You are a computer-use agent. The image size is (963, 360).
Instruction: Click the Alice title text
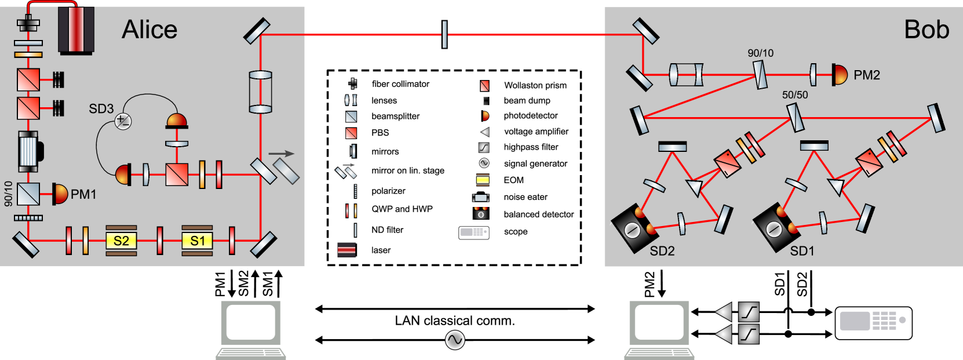[x=149, y=30]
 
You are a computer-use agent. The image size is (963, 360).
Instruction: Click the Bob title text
[x=926, y=30]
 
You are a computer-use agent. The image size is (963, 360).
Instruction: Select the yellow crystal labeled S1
[x=197, y=241]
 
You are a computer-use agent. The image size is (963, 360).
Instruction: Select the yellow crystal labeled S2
[x=121, y=241]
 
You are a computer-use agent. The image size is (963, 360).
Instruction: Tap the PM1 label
[x=83, y=194]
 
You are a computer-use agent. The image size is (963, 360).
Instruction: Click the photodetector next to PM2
[x=839, y=75]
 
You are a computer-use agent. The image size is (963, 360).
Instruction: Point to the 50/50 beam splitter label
[x=794, y=94]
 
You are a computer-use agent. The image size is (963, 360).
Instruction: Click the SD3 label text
[x=101, y=108]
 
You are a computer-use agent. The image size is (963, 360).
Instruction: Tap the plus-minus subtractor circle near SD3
[x=123, y=121]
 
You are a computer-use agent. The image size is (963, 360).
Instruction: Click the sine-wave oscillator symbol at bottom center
[x=455, y=340]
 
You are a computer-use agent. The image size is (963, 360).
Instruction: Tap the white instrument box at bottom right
[x=873, y=323]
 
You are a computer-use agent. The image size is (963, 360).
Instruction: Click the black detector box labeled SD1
[x=775, y=227]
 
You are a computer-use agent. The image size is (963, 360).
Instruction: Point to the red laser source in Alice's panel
[x=76, y=30]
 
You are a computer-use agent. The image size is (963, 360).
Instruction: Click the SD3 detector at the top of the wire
[x=177, y=121]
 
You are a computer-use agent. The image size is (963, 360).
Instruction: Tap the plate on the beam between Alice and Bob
[x=444, y=34]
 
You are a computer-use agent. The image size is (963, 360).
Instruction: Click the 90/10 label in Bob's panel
[x=760, y=53]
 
